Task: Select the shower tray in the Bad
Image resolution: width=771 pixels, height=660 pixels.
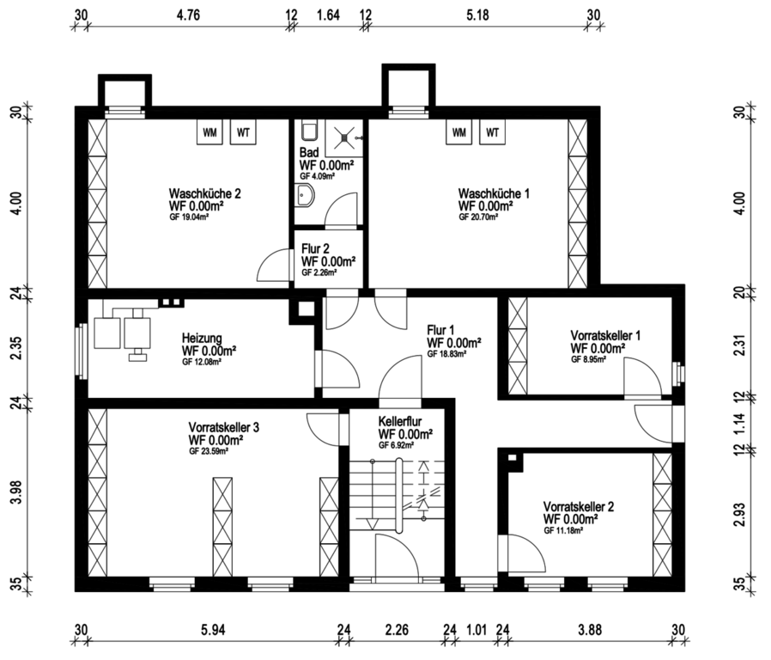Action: click(x=343, y=137)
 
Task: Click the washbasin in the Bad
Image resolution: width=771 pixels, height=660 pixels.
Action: click(x=305, y=196)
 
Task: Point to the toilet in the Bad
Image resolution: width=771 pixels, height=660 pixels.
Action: click(x=310, y=131)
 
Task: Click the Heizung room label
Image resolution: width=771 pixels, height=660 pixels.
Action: click(x=202, y=338)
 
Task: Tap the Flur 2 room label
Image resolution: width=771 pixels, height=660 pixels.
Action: click(x=315, y=248)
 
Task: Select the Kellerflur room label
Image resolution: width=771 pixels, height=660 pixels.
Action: click(x=400, y=421)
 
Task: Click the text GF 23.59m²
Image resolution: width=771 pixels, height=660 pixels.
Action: click(x=208, y=451)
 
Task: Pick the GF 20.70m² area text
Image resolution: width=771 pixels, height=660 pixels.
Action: click(x=478, y=217)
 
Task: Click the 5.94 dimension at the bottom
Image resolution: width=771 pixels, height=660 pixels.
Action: click(x=213, y=629)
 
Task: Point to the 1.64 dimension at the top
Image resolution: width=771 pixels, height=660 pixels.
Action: click(x=328, y=15)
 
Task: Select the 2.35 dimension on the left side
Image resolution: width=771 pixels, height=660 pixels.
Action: click(x=16, y=347)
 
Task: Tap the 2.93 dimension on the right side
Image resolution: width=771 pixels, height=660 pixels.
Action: click(x=739, y=514)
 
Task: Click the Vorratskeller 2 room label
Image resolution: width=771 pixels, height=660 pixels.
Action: click(x=579, y=506)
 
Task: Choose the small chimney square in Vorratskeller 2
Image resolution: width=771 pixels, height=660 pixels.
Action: click(x=513, y=458)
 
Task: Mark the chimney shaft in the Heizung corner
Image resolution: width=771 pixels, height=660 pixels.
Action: click(x=306, y=309)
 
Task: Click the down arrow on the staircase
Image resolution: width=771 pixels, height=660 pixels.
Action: click(x=373, y=522)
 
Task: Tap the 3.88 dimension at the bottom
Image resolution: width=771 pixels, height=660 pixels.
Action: click(x=590, y=629)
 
